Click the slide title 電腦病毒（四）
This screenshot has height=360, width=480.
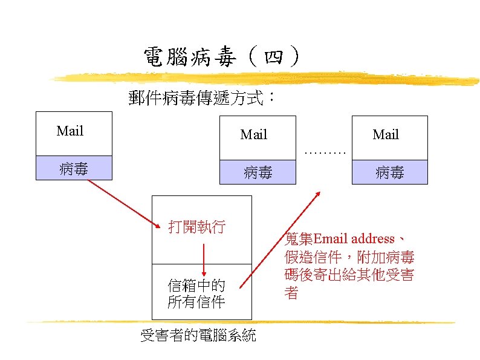pyautogui.click(x=221, y=58)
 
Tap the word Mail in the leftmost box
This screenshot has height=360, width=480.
pyautogui.click(x=70, y=131)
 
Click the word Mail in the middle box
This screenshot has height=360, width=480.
pyautogui.click(x=254, y=134)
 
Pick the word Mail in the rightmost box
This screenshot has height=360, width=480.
pyautogui.click(x=386, y=134)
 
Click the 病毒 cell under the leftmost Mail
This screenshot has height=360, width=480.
pyautogui.click(x=74, y=168)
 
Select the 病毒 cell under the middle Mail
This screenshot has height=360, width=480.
pyautogui.click(x=258, y=172)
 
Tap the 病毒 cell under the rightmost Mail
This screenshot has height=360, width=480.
pyautogui.click(x=390, y=172)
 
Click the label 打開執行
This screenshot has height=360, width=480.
pyautogui.click(x=197, y=227)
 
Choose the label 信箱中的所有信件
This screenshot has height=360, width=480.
pyautogui.click(x=196, y=293)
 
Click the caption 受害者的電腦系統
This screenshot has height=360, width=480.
pyautogui.click(x=198, y=335)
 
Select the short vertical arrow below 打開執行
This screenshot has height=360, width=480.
pyautogui.click(x=204, y=260)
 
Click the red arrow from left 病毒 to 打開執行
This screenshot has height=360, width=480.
pyautogui.click(x=124, y=201)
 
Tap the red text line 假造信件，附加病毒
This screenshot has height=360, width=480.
pyautogui.click(x=349, y=257)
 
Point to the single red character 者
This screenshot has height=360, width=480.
pyautogui.click(x=291, y=293)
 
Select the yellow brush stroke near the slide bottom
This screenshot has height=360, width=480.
pyautogui.click(x=242, y=321)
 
